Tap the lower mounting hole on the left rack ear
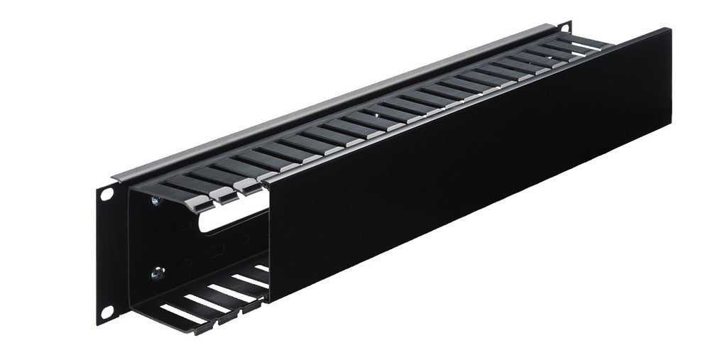point(106,311)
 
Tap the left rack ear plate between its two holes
point(106,252)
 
